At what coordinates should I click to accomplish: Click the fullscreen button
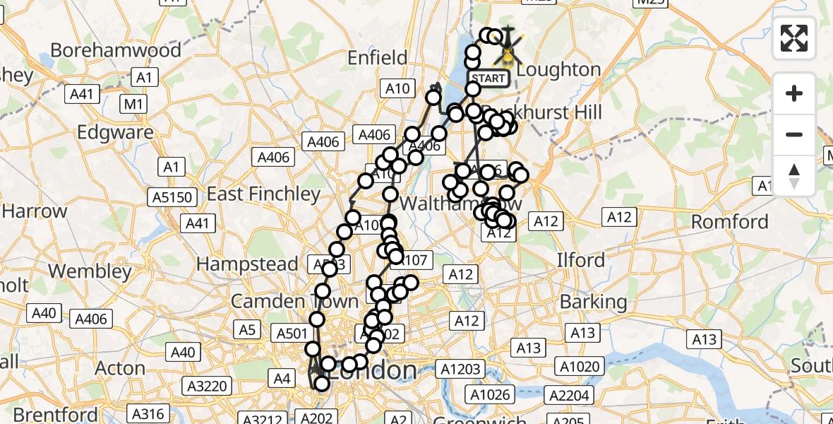click(x=794, y=38)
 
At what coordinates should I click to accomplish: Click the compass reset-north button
click(x=794, y=176)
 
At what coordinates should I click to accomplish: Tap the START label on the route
click(x=488, y=78)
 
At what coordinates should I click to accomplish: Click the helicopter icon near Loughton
click(x=508, y=47)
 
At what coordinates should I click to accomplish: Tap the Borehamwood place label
click(x=116, y=50)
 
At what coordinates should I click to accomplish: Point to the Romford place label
click(x=729, y=222)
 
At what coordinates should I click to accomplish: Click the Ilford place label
click(x=581, y=260)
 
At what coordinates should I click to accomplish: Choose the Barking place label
click(x=593, y=302)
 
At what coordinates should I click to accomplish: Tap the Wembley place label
click(x=92, y=271)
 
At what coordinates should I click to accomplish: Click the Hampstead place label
click(x=247, y=264)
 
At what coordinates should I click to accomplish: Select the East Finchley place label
click(x=264, y=194)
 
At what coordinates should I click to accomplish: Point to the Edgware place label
click(x=115, y=132)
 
